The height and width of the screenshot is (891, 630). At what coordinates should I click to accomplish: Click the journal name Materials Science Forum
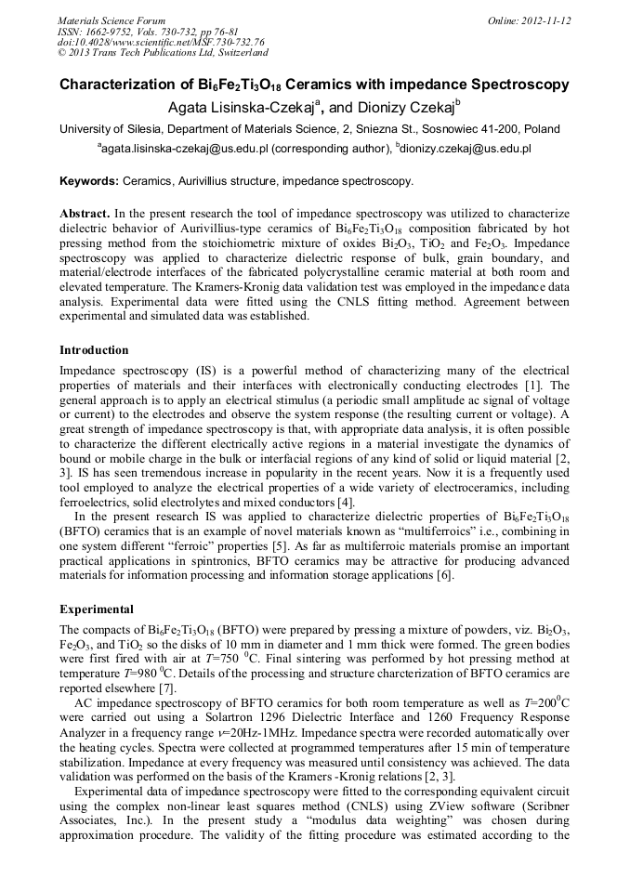(112, 20)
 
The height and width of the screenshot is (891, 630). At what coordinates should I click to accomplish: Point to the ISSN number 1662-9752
(113, 32)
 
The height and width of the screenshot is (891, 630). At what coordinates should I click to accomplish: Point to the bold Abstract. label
(85, 213)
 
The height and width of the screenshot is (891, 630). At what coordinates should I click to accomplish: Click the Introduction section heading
(94, 350)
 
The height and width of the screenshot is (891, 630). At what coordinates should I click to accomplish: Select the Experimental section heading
(97, 609)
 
